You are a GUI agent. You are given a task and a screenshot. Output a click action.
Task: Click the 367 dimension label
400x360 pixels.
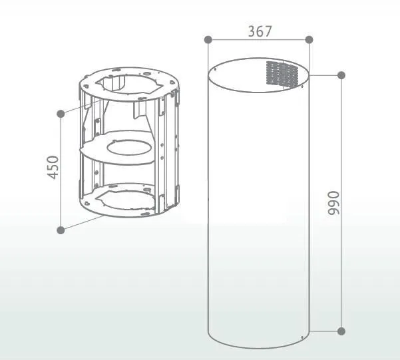(260, 31)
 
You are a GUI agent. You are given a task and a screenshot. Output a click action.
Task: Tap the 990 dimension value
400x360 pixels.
(334, 203)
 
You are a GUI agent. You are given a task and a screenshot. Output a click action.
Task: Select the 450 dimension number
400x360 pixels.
(53, 168)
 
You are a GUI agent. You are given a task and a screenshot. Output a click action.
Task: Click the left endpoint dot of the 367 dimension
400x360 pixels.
(208, 40)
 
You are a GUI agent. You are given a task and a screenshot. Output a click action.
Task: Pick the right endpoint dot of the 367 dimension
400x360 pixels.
(309, 40)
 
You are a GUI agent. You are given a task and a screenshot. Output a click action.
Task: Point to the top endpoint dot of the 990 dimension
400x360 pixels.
(341, 75)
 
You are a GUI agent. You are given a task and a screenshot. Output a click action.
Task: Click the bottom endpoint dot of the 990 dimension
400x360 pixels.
(341, 331)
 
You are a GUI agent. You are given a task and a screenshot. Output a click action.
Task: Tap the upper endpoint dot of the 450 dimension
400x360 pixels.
(61, 114)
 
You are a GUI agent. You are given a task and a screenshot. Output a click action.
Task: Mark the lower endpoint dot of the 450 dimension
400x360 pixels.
(61, 230)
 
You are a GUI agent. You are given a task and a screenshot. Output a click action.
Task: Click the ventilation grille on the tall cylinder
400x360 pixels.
(282, 73)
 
